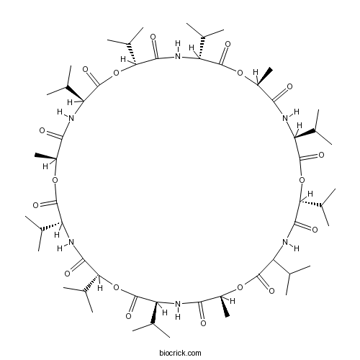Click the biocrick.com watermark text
point(180,353)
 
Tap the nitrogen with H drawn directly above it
point(178,57)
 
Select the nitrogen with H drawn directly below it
point(178,305)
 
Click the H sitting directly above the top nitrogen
point(178,44)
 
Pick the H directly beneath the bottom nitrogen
point(178,317)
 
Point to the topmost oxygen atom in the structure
point(153,37)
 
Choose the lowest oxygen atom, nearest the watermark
point(203,323)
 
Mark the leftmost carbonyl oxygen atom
point(35,205)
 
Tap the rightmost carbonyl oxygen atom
point(321,155)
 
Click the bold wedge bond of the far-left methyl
point(45,156)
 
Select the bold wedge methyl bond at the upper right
point(265,77)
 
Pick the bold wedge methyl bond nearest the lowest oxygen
point(225,307)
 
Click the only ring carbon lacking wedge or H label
point(273,260)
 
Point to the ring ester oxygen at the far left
point(55,180)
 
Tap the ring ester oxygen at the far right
point(302,180)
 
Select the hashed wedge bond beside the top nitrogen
point(202,48)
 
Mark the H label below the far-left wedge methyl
point(45,166)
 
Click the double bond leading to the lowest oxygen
point(202,311)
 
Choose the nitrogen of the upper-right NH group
point(285,118)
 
